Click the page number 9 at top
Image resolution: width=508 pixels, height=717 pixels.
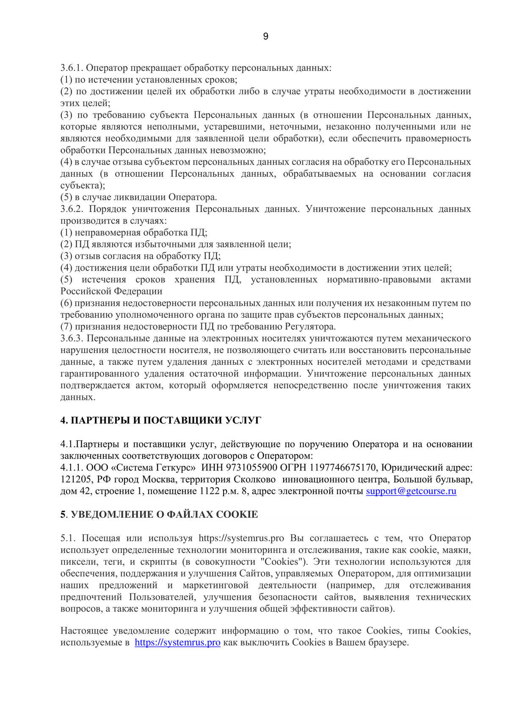(265, 36)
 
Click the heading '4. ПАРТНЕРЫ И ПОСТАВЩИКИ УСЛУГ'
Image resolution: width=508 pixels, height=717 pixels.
(160, 420)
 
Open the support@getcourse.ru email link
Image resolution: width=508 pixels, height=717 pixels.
(411, 491)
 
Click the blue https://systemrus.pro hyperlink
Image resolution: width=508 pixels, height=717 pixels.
(177, 643)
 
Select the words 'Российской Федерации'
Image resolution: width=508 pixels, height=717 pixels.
(111, 291)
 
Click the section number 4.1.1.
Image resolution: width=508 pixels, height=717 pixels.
(72, 468)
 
